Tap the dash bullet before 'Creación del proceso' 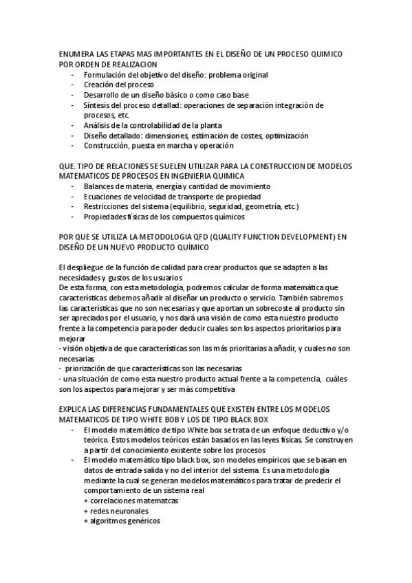[x=72, y=85]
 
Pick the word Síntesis [x=97, y=105]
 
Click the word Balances [x=100, y=186]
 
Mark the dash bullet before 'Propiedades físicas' [x=72, y=217]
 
